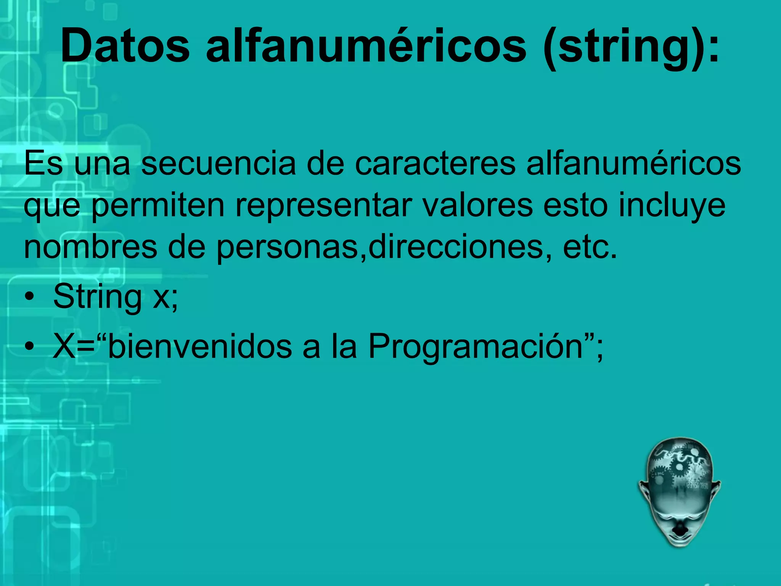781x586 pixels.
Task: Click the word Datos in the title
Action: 125,46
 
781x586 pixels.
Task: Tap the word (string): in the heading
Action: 631,46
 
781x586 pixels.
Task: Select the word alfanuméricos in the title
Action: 366,46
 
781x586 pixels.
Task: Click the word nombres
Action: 91,247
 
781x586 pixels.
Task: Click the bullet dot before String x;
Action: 30,297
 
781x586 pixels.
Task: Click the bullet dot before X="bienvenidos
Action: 30,347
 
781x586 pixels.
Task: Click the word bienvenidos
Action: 200,346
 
